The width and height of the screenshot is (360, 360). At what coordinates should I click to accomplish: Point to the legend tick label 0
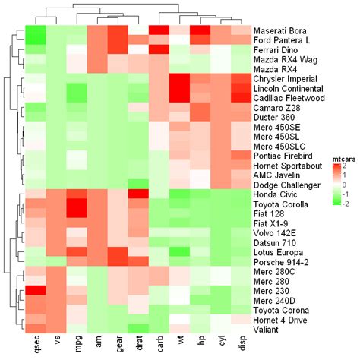coord(347,184)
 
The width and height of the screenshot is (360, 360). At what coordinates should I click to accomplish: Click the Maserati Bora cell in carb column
coord(159,30)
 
